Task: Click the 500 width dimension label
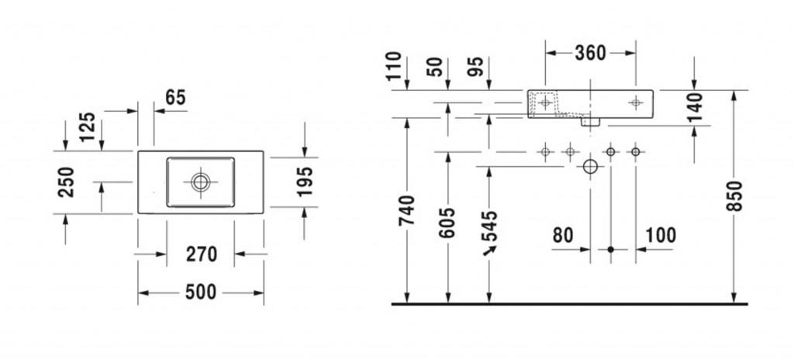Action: click(201, 292)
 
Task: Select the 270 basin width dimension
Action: click(201, 254)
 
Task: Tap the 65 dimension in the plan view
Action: click(176, 97)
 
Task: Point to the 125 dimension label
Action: click(87, 126)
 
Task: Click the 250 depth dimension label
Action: click(67, 182)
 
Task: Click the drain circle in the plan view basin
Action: click(201, 182)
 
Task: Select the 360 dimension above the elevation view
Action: click(590, 53)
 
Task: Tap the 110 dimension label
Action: click(393, 67)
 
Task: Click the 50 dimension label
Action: click(434, 67)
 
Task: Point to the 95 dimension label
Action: click(475, 67)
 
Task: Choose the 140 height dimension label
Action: click(696, 107)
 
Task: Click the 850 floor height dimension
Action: click(735, 196)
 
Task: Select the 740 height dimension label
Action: click(406, 210)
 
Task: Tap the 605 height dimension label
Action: click(447, 222)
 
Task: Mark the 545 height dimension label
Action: click(488, 226)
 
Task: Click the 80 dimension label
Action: click(563, 235)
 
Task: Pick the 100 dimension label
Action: click(661, 235)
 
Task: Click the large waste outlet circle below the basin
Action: click(590, 166)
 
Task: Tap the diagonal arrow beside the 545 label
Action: click(490, 251)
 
